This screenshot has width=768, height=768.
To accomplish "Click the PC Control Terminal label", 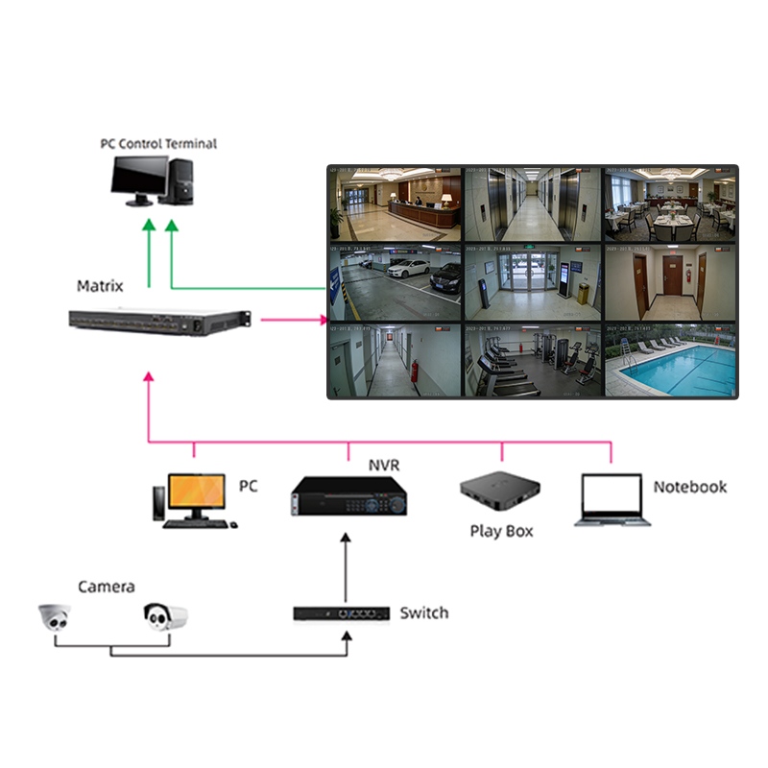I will (158, 144).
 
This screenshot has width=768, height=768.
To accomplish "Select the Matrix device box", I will (159, 323).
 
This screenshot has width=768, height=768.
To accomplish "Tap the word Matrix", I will (100, 286).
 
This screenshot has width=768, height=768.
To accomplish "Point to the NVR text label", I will (384, 466).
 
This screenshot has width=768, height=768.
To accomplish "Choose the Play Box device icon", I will (496, 494).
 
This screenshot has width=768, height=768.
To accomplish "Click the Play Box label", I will (501, 531).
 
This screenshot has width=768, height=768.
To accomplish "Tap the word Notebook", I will (689, 487).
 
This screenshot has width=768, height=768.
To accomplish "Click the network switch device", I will (341, 612).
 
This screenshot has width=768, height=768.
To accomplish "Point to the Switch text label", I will (423, 612).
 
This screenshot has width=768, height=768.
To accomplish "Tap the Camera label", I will (106, 587).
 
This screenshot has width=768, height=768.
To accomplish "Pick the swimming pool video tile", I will (669, 361).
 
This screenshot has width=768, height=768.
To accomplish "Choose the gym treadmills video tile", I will (532, 361).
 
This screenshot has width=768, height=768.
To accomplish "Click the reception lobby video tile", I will (395, 204).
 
